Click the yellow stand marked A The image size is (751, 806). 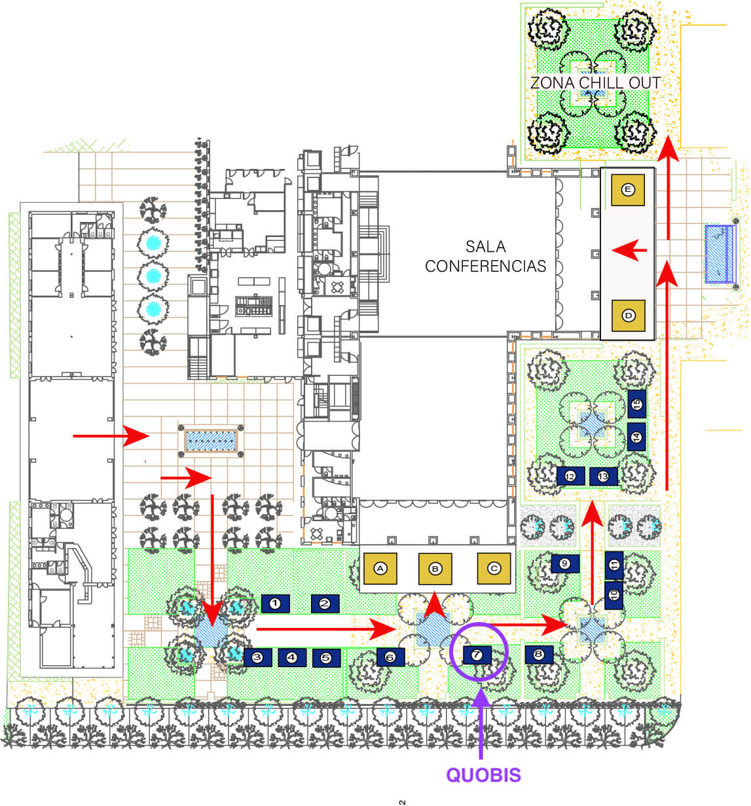point(380,568)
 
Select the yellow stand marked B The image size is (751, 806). point(435,568)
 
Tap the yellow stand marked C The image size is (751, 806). point(494,568)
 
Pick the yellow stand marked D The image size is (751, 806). point(628,316)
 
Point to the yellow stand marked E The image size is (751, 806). point(628,189)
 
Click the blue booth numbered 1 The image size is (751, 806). point(275,604)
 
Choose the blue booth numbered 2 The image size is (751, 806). point(325,604)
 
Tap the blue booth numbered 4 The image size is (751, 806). point(292,657)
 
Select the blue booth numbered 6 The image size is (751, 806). point(390,657)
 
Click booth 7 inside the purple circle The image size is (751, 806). point(477,655)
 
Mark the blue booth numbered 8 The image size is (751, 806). point(539,654)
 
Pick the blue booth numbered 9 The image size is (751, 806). point(564,563)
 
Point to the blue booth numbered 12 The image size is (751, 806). point(570,476)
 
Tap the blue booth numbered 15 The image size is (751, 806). point(636,404)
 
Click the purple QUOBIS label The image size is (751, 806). point(483,775)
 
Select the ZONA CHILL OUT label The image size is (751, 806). point(595,82)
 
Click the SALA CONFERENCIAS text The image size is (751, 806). point(485,256)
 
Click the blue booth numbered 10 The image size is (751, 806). point(614,595)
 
